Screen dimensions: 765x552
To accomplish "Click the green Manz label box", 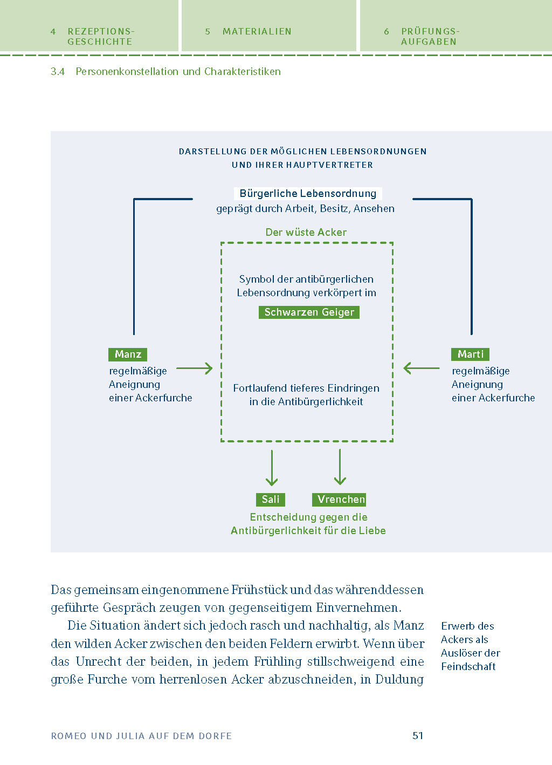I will [128, 354].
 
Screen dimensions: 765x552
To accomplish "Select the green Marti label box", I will [470, 354].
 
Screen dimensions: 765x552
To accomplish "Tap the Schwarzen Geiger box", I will [309, 312].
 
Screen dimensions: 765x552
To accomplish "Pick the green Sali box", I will [271, 500].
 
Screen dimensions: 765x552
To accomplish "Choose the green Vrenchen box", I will [339, 500].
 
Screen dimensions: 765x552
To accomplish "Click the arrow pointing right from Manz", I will [195, 368].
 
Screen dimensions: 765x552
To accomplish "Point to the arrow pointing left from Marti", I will [422, 368].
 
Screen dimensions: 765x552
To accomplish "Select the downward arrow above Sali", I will [272, 468].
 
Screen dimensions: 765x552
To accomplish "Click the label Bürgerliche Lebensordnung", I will [308, 194].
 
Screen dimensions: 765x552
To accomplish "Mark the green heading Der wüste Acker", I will [306, 233].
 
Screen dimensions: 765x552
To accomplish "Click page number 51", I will [418, 735].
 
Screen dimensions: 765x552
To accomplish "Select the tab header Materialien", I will [257, 32].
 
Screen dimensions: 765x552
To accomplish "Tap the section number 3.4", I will [58, 72].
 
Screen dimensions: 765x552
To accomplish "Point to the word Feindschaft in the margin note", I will [468, 667].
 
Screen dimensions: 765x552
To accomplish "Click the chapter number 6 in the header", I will [387, 32].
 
